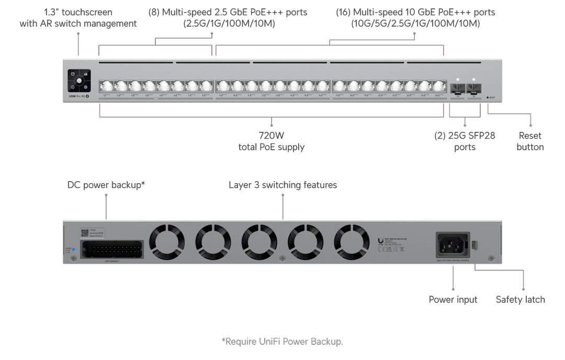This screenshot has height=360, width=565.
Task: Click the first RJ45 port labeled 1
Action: [x=106, y=86]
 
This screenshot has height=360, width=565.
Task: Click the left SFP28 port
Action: [x=458, y=87]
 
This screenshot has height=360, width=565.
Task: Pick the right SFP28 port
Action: [x=474, y=87]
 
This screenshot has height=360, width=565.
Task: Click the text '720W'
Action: [x=272, y=136]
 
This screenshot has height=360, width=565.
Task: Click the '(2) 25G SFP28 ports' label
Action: [x=465, y=141]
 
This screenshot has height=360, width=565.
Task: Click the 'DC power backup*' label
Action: [x=106, y=185]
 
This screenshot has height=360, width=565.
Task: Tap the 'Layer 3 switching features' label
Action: [x=283, y=185]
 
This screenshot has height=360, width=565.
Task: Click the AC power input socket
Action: [x=453, y=244]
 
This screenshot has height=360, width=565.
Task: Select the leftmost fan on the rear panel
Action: [x=167, y=242]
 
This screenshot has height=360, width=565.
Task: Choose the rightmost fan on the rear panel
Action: [x=352, y=242]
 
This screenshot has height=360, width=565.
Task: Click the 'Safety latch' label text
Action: [x=521, y=299]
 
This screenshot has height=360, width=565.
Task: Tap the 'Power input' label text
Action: [x=453, y=299]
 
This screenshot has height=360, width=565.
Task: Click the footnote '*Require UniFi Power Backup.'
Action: [x=282, y=342]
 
